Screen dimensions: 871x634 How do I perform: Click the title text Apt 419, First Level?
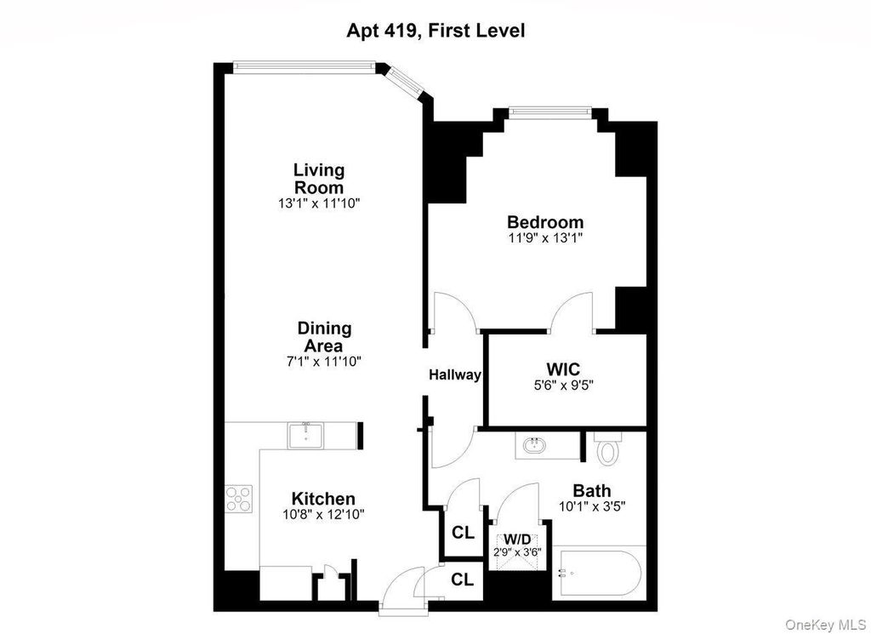pyautogui.click(x=435, y=30)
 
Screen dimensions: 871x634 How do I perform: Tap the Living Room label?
pyautogui.click(x=320, y=179)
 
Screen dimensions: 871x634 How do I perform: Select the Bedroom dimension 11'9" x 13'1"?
pyautogui.click(x=545, y=238)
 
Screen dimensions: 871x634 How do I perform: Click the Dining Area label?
pyautogui.click(x=324, y=337)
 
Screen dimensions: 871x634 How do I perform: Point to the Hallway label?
pyautogui.click(x=454, y=375)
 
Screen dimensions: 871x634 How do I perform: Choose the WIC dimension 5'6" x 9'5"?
pyautogui.click(x=564, y=385)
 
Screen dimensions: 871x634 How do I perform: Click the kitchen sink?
pyautogui.click(x=306, y=435)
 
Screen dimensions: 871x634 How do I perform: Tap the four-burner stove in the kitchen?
pyautogui.click(x=239, y=499)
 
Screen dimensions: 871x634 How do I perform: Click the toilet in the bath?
pyautogui.click(x=606, y=448)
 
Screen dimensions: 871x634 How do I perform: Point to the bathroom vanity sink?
pyautogui.click(x=536, y=445)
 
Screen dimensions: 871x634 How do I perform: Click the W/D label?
pyautogui.click(x=517, y=539)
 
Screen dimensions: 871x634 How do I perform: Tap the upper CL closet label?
pyautogui.click(x=463, y=533)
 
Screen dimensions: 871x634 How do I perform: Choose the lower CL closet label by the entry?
pyautogui.click(x=462, y=580)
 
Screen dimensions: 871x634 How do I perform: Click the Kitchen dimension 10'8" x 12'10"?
pyautogui.click(x=323, y=515)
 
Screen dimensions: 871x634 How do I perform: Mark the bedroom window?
pyautogui.click(x=550, y=113)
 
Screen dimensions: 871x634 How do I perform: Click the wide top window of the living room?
pyautogui.click(x=304, y=66)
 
